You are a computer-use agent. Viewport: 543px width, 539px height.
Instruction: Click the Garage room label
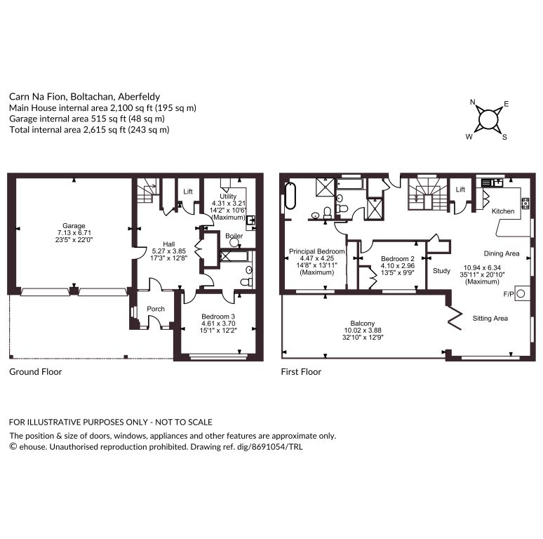point(74,225)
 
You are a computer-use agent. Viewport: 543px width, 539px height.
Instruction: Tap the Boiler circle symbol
point(234,242)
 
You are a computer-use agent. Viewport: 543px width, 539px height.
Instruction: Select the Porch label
point(156,309)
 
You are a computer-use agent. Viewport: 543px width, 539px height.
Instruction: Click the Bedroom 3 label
point(218,317)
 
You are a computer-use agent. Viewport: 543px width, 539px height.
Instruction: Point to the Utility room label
point(228,196)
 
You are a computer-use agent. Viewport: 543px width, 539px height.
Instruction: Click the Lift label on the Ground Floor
point(188,191)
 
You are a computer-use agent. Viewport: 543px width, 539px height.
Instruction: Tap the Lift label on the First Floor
point(460,189)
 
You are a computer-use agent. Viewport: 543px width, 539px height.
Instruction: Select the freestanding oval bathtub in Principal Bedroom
point(290,196)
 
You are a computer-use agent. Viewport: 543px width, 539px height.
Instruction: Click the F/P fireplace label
point(509,294)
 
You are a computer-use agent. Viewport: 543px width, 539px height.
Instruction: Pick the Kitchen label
point(503,211)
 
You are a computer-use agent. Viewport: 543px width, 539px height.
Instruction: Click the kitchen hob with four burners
point(525,203)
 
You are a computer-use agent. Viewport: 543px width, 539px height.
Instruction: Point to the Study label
point(441,270)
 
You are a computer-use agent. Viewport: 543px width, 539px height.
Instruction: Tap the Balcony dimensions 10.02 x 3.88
point(363,330)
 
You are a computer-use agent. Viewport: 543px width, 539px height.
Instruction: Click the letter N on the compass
point(473,102)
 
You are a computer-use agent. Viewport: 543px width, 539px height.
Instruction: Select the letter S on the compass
point(504,137)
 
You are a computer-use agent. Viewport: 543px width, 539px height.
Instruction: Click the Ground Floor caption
point(36,372)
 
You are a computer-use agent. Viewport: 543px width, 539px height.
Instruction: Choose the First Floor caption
point(301,372)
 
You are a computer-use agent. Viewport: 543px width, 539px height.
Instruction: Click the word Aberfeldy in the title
point(139,97)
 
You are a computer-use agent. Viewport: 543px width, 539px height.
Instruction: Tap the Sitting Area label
point(490,319)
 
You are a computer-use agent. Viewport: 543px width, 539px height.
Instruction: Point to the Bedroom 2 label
point(398,259)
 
